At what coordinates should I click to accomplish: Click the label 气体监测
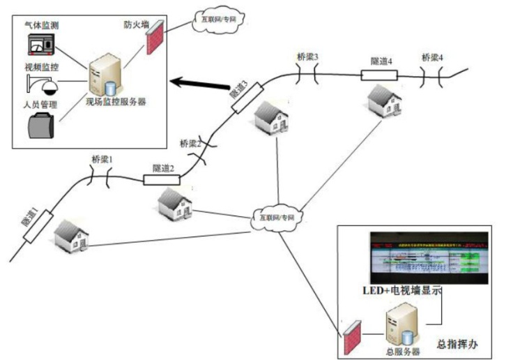(40, 24)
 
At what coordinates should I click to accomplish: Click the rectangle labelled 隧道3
(247, 98)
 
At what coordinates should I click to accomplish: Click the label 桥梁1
(102, 159)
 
